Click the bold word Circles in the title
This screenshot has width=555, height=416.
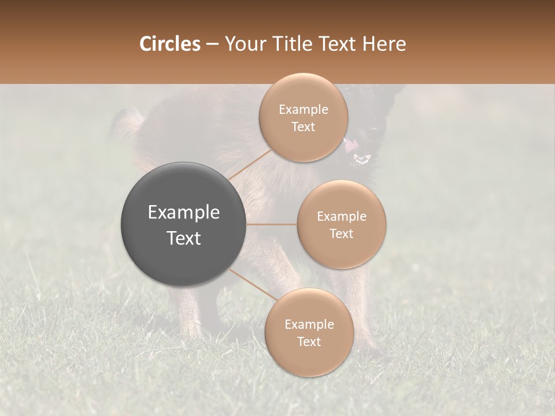click(x=169, y=44)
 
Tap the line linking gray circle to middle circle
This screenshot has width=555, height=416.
click(x=272, y=224)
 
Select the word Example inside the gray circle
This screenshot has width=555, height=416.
click(x=184, y=213)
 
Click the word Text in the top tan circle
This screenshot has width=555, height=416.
click(x=303, y=127)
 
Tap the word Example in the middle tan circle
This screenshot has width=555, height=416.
click(x=341, y=217)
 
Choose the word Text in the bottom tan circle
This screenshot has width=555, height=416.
click(x=309, y=341)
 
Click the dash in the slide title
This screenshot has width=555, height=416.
click(x=212, y=44)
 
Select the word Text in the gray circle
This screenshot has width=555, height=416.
click(x=184, y=238)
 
